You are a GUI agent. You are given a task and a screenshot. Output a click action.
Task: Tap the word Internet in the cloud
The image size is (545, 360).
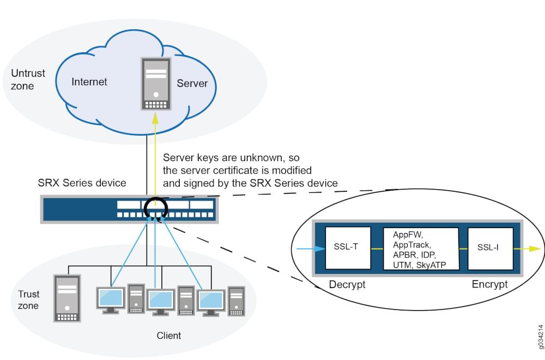(x=89, y=82)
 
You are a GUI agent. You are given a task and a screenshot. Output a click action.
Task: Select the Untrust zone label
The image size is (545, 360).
(x=28, y=80)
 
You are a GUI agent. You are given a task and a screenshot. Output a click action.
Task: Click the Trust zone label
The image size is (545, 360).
(x=28, y=300)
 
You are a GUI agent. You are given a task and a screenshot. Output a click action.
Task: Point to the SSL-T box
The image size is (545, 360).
(x=347, y=248)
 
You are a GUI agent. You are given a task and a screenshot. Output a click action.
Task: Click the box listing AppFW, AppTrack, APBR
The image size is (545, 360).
(x=419, y=249)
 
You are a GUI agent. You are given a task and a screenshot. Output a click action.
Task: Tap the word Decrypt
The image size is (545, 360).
(x=347, y=284)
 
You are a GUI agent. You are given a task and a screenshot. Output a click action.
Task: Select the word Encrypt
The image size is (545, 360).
(x=489, y=284)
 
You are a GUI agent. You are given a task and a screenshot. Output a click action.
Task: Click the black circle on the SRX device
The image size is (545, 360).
(x=155, y=210)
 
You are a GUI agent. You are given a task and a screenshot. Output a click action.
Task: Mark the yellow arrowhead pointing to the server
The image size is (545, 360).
(x=156, y=117)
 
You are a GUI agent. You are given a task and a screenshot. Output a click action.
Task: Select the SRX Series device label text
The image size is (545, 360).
(x=82, y=183)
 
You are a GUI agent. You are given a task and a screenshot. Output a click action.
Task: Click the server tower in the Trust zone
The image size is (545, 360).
(x=66, y=298)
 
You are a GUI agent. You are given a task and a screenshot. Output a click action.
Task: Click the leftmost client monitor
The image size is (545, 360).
(x=110, y=299)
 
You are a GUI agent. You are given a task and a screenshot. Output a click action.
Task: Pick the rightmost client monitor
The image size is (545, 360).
(x=211, y=301)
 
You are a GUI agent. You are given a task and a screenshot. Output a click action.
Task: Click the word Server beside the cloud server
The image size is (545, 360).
(x=192, y=83)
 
